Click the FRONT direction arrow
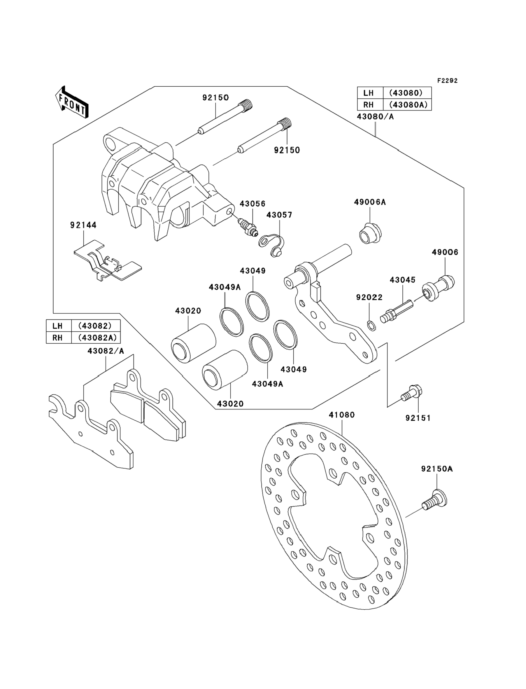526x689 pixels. click(71, 102)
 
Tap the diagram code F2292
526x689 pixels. click(447, 81)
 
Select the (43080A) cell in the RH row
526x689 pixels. click(407, 105)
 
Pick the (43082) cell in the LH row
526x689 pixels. click(96, 326)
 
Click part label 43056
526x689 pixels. click(252, 204)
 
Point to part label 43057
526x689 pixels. click(279, 215)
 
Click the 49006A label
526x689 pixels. click(370, 202)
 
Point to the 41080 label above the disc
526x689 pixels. click(342, 415)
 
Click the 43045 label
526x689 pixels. click(402, 280)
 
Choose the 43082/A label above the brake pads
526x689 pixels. click(106, 351)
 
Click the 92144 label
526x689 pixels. click(83, 225)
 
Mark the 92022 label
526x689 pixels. click(369, 297)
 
